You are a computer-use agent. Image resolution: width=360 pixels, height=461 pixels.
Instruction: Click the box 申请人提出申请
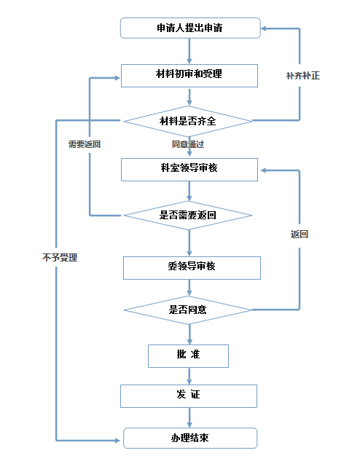coord(190,28)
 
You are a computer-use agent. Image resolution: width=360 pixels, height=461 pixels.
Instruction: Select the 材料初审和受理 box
coord(189,76)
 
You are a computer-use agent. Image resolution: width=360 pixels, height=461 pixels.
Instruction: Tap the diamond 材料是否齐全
coord(188,121)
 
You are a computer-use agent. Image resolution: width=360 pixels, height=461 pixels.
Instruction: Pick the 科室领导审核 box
coord(189,170)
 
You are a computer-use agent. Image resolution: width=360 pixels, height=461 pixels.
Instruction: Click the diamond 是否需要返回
coord(188,216)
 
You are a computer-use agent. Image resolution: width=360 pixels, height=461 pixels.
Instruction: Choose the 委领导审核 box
coord(192,268)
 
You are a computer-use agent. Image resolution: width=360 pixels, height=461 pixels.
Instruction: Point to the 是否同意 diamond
coord(188,310)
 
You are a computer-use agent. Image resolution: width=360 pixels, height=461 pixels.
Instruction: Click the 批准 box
coord(188,356)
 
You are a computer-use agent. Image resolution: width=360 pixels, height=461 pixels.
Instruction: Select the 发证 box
coord(189,396)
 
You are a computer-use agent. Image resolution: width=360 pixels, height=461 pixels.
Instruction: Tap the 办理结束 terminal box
coord(190,438)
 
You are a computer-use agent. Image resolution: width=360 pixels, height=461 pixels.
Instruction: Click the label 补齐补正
coord(303,76)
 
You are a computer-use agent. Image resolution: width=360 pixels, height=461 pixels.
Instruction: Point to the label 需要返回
coord(85,144)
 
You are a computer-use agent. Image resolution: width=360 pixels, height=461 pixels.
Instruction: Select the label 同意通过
coord(188,144)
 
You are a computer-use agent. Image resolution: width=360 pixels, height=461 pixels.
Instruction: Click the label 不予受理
coord(60,258)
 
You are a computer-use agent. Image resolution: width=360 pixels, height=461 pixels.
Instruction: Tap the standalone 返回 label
coord(299,234)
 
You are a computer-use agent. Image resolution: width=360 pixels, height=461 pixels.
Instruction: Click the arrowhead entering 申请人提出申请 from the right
coord(264,28)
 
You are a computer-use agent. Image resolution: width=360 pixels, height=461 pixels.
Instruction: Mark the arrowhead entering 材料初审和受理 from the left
coord(117,78)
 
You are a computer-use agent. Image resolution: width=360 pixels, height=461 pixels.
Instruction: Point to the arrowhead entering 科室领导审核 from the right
coord(264,170)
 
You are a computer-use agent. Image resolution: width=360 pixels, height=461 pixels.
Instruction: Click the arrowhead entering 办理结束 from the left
coord(117,441)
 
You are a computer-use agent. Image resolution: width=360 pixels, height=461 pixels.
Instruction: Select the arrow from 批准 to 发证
coord(189,376)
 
